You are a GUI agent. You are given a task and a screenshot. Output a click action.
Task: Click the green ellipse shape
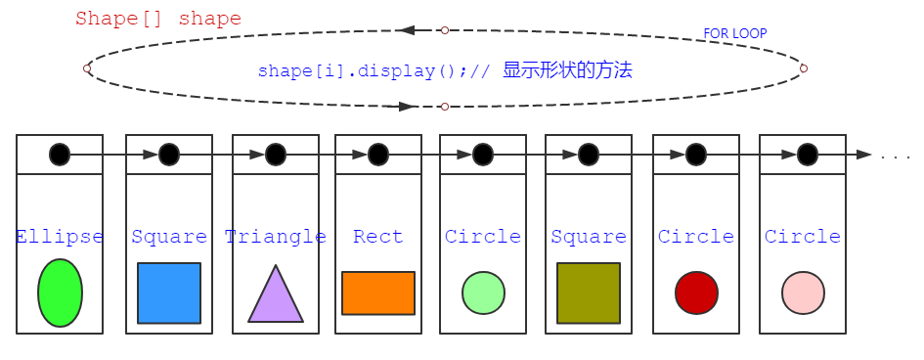(60, 292)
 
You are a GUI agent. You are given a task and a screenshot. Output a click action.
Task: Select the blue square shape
(169, 292)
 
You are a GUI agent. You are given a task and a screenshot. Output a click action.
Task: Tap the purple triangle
(276, 294)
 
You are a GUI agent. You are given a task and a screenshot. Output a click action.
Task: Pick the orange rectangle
(378, 293)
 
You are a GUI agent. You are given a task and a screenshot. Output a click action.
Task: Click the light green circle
(483, 293)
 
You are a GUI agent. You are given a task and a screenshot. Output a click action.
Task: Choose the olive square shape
(589, 292)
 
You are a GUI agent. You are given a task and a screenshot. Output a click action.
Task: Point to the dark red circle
(696, 293)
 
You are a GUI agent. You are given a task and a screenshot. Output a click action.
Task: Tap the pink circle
(803, 293)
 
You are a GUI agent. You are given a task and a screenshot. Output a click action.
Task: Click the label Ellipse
(60, 237)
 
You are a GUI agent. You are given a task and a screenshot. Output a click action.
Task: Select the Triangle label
(276, 237)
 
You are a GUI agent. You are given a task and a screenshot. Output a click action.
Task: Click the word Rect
(378, 237)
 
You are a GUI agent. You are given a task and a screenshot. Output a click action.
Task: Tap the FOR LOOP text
(735, 33)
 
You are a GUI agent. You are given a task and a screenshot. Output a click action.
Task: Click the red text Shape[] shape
(158, 19)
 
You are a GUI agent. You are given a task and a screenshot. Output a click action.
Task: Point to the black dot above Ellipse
(60, 155)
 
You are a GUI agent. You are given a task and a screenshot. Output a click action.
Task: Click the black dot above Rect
(378, 155)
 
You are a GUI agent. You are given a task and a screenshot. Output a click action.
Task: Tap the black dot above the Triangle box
(276, 155)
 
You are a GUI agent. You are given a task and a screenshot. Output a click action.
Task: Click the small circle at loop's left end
(87, 68)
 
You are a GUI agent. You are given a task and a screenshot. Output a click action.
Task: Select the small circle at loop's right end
(804, 68)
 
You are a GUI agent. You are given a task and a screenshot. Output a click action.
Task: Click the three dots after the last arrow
(895, 157)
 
